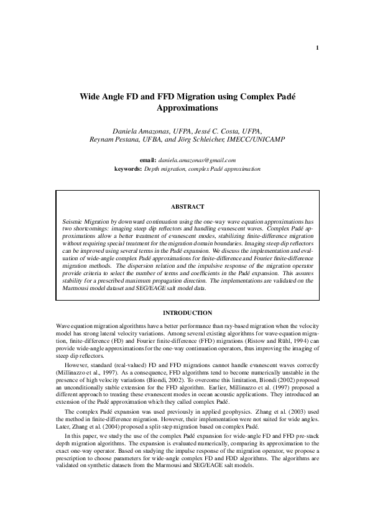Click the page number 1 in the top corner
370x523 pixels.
pyautogui.click(x=317, y=48)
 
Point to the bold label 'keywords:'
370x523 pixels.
pyautogui.click(x=129, y=168)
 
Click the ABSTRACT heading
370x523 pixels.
pyautogui.click(x=187, y=207)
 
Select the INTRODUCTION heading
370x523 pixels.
pyautogui.click(x=187, y=313)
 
